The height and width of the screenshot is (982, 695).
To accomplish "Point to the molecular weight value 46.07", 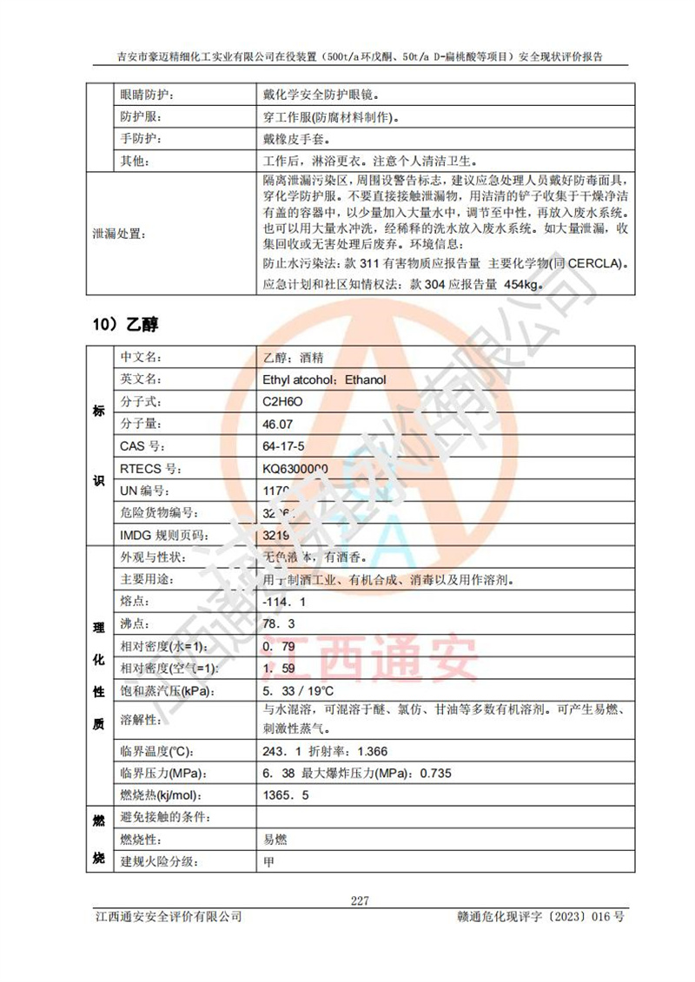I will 278,425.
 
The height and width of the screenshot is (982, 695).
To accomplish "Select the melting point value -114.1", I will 284,602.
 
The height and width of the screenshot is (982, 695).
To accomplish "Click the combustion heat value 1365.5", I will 286,795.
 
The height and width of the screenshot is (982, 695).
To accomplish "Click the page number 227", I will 360,900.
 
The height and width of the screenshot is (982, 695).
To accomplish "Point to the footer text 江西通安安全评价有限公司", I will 168,917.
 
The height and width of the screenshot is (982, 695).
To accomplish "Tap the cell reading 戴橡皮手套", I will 295,139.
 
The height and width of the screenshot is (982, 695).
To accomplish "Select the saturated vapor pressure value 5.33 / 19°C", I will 298,692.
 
